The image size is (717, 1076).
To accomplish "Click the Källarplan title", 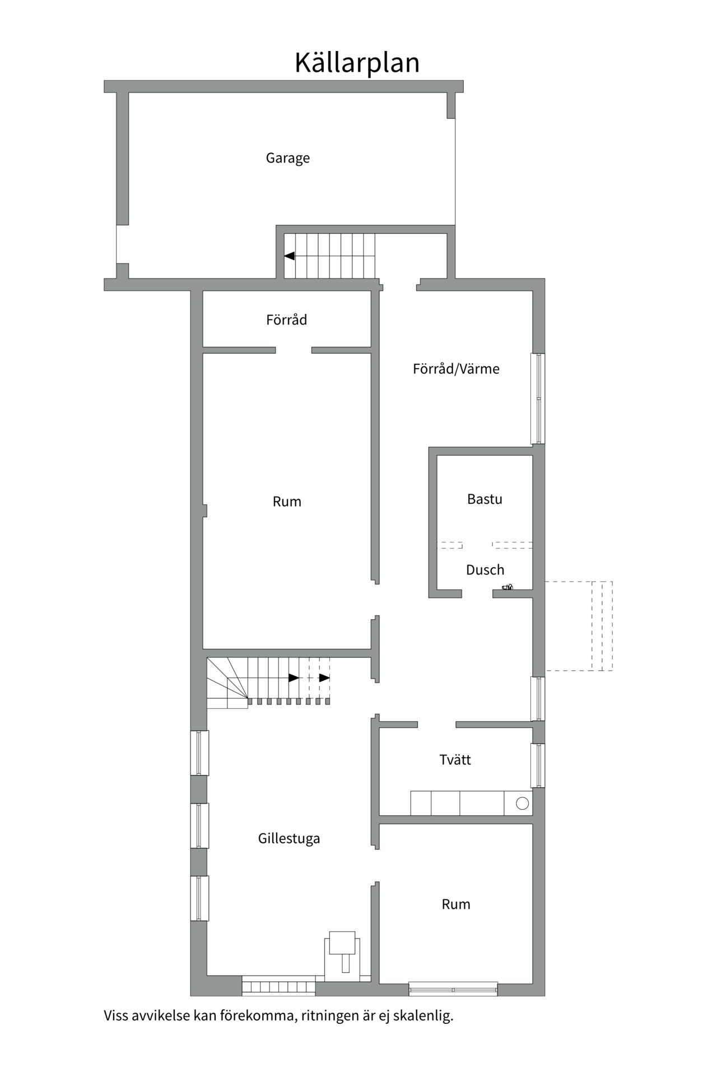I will (x=357, y=63).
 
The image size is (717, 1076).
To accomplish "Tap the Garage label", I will (x=287, y=158).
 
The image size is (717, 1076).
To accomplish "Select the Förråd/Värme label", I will (x=456, y=369).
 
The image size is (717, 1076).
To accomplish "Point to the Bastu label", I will (x=485, y=499).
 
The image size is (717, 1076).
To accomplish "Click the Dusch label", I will (x=485, y=570).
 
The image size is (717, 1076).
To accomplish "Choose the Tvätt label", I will (x=455, y=760).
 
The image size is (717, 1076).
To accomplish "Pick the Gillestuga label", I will (x=289, y=838).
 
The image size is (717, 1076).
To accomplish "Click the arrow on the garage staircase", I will (x=290, y=256).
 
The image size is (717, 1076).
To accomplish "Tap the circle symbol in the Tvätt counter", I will (x=522, y=804).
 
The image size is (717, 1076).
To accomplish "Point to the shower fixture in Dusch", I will (x=508, y=587).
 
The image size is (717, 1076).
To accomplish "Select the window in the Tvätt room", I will (x=538, y=765).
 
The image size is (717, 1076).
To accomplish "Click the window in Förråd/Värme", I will (x=538, y=398).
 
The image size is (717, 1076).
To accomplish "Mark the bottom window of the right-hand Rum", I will (x=453, y=989).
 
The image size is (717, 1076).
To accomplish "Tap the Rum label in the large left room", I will (x=287, y=502).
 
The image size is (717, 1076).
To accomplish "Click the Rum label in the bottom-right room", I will (x=456, y=904).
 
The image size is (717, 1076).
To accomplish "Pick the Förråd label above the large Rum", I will (x=286, y=320).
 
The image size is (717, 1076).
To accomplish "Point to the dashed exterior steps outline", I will (x=579, y=626).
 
